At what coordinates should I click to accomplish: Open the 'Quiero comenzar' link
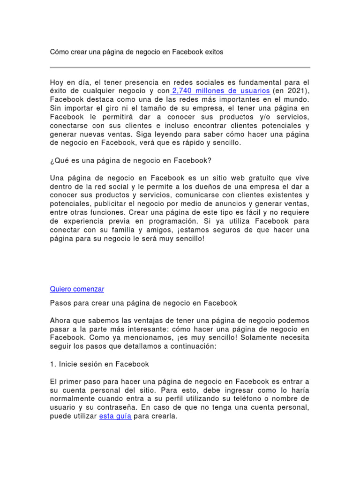[x=77, y=289]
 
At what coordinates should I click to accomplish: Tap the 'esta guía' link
[x=115, y=416]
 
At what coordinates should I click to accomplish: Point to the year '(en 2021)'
[x=291, y=91]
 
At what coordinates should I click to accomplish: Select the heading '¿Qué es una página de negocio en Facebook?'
[x=131, y=160]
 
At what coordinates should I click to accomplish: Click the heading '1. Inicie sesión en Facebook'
[x=99, y=364]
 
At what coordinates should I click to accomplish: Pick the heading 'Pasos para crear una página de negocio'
[x=143, y=303]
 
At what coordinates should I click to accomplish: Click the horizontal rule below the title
[x=180, y=67]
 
